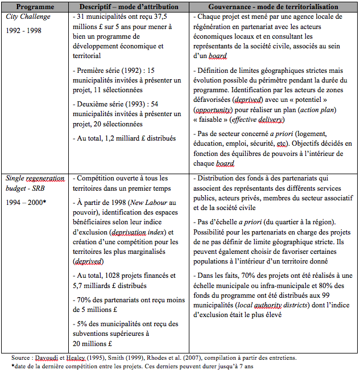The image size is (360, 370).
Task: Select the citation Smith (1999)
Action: (x=123, y=357)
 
